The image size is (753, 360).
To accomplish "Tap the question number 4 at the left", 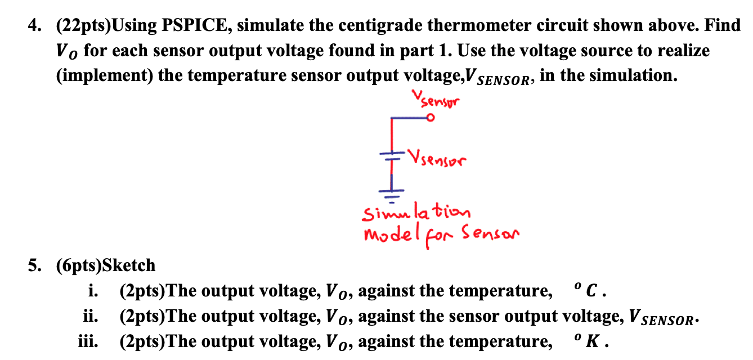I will click(x=34, y=26).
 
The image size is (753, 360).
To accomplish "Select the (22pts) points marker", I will click(x=84, y=26).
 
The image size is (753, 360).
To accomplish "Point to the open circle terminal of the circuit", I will click(x=430, y=118).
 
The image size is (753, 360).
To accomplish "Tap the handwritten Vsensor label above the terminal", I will click(x=436, y=100).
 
